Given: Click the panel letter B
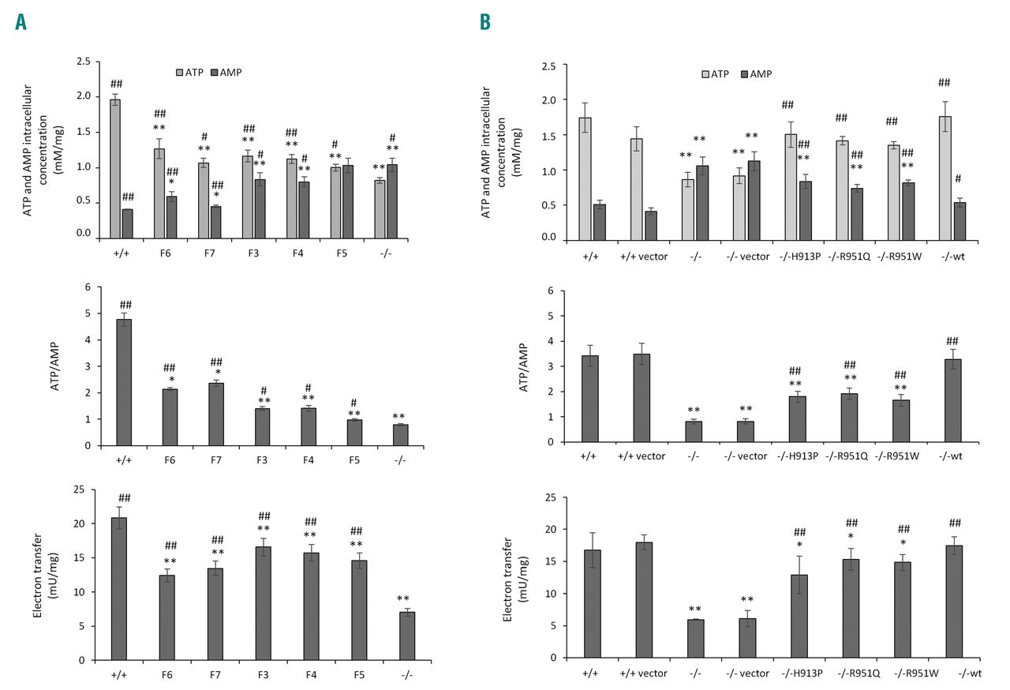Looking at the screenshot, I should (484, 23).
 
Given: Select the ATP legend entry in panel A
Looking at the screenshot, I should (195, 72).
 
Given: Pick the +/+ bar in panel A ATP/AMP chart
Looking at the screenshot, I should (124, 382).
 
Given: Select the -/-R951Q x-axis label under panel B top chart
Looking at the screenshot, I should (850, 257).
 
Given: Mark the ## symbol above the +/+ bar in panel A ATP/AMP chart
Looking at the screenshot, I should (124, 305).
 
